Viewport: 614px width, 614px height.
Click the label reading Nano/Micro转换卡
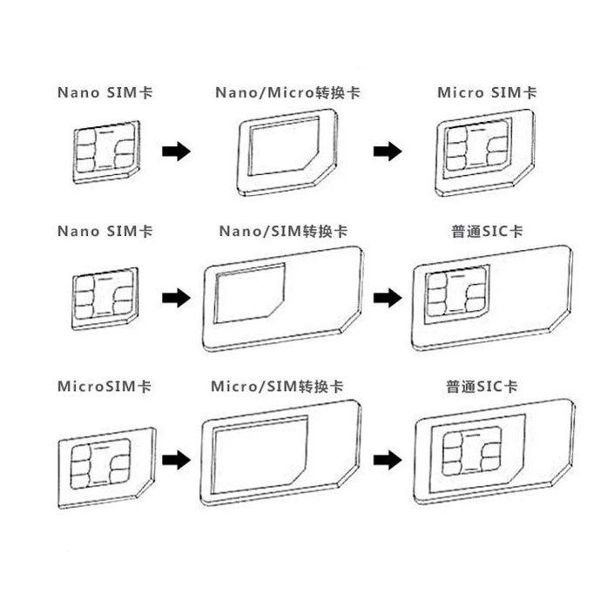pyautogui.click(x=287, y=92)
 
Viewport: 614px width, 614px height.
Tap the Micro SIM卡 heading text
pyautogui.click(x=487, y=92)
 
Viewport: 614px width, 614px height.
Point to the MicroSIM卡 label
pyautogui.click(x=104, y=385)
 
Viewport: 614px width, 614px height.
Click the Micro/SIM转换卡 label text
pyautogui.click(x=277, y=385)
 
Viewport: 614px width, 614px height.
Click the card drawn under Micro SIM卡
pyautogui.click(x=485, y=150)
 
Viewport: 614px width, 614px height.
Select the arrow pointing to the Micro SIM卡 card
pyautogui.click(x=386, y=152)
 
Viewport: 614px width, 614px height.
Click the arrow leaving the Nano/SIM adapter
pyautogui.click(x=386, y=299)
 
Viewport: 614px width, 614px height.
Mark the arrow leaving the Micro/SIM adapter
pyautogui.click(x=386, y=458)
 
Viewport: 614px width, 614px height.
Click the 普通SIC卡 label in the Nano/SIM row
pyautogui.click(x=482, y=233)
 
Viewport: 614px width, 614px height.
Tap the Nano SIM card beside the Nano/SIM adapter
pyautogui.click(x=101, y=298)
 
